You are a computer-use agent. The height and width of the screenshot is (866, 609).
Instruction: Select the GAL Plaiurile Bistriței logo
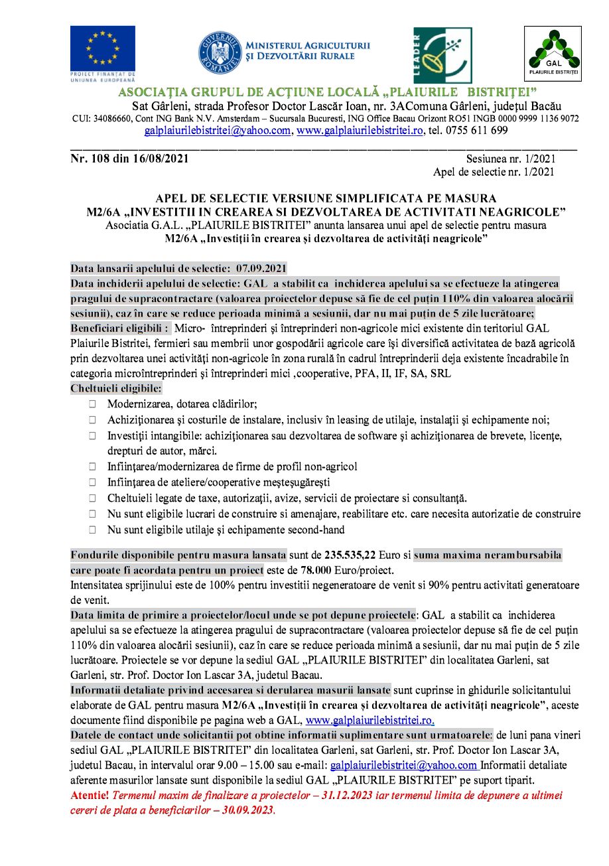click(553, 54)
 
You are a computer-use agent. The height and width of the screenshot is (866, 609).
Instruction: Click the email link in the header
click(217, 131)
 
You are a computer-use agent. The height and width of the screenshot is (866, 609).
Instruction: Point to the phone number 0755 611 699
click(474, 131)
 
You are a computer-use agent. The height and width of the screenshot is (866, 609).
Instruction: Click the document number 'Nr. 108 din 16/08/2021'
click(130, 159)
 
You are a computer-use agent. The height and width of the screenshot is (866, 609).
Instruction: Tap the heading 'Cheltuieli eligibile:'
click(115, 389)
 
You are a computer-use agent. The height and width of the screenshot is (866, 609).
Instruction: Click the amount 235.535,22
click(356, 555)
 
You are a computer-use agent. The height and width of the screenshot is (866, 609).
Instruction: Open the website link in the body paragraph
click(370, 720)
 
